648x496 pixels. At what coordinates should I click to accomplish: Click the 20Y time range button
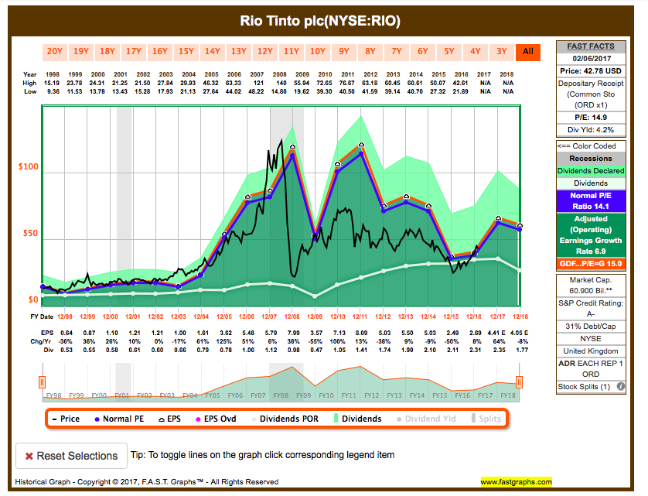[x=54, y=52]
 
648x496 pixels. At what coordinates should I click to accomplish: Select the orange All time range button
[x=527, y=52]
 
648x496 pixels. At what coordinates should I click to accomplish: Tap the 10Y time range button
[x=317, y=52]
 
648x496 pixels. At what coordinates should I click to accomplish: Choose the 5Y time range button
[x=448, y=52]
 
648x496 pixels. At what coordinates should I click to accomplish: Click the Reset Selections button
[x=71, y=456]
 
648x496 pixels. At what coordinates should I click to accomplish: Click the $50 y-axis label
[x=29, y=234]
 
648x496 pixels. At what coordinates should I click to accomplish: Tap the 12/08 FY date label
[x=292, y=316]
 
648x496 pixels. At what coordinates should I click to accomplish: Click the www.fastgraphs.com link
[x=516, y=481]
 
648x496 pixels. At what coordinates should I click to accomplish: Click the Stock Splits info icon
[x=621, y=386]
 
